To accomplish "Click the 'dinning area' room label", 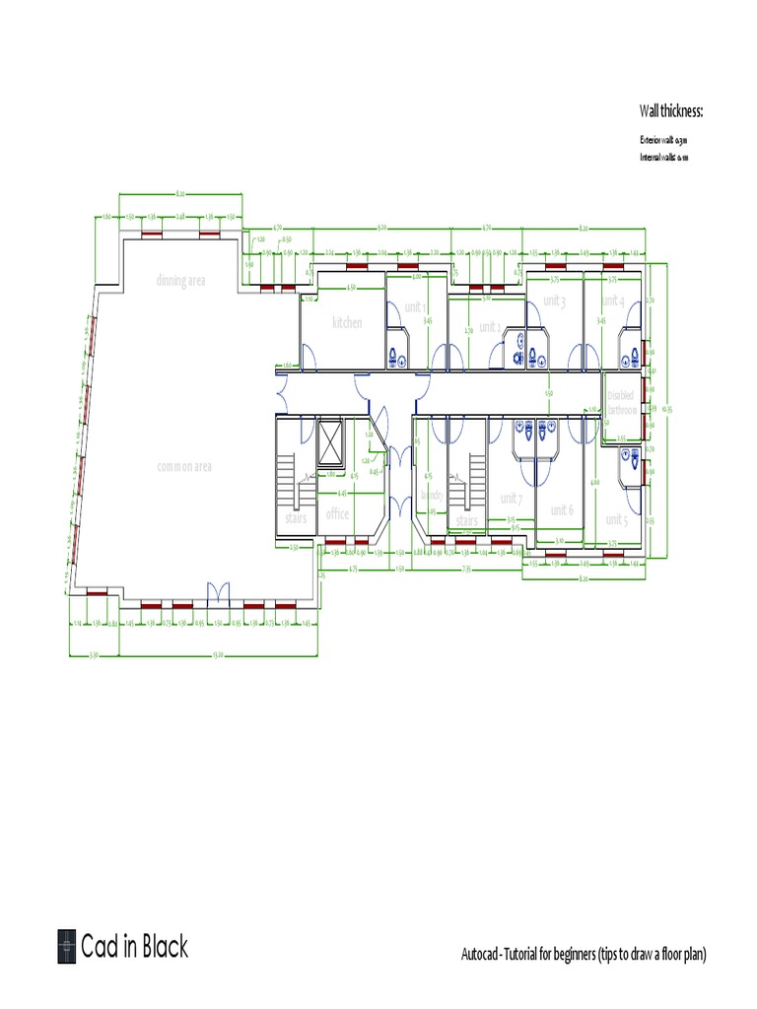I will pyautogui.click(x=180, y=281).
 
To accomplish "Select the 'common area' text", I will pyautogui.click(x=184, y=466).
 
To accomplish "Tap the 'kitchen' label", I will pyautogui.click(x=347, y=323).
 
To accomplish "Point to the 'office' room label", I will pyautogui.click(x=337, y=513).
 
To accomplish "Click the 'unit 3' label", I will pyautogui.click(x=554, y=301).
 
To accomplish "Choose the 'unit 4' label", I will pyautogui.click(x=612, y=301).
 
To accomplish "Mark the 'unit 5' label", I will pyautogui.click(x=616, y=519).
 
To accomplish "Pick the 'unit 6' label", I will pyautogui.click(x=562, y=509).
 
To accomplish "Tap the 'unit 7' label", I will pyautogui.click(x=512, y=499).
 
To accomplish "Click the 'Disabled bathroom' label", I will pyautogui.click(x=621, y=402).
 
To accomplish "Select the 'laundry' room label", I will pyautogui.click(x=432, y=495).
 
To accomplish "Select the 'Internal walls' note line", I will pyautogui.click(x=662, y=157).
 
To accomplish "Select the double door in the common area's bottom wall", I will pyautogui.click(x=217, y=593).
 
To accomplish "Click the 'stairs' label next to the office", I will pyautogui.click(x=296, y=518).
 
